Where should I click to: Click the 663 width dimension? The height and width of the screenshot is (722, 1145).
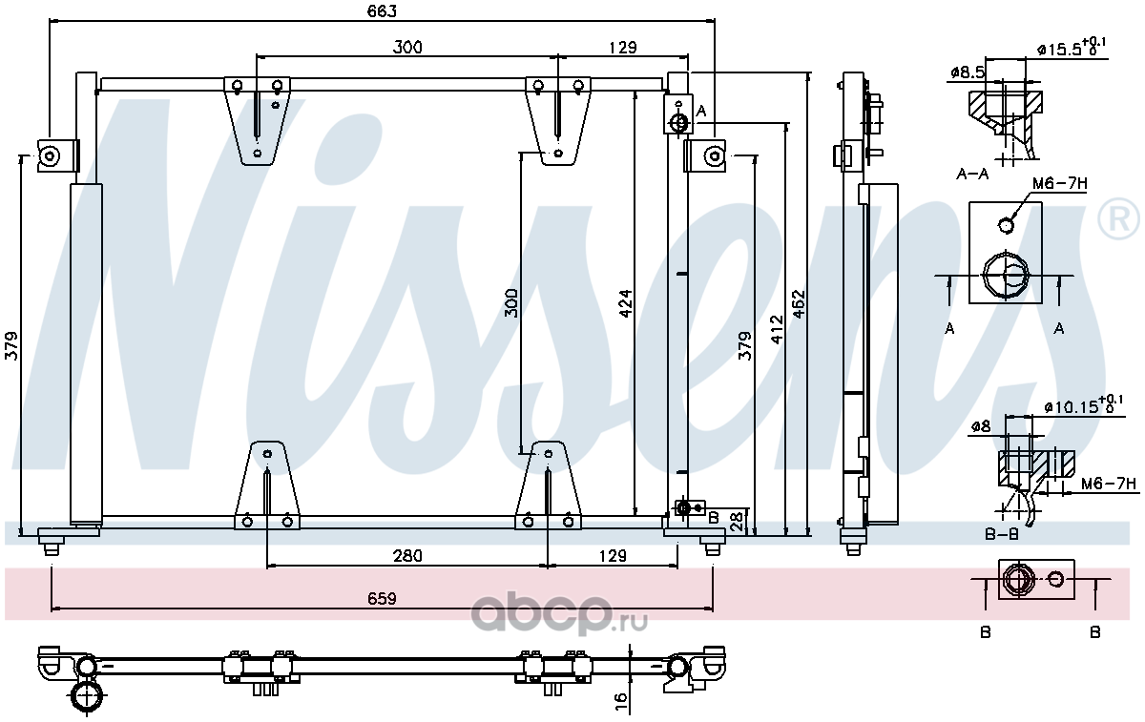[x=382, y=11]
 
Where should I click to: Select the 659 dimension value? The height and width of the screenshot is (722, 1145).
[x=382, y=598]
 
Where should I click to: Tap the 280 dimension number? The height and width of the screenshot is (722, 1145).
[x=407, y=555]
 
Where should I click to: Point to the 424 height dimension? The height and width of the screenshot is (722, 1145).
[x=626, y=303]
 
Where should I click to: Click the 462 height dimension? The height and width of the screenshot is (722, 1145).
[x=799, y=304]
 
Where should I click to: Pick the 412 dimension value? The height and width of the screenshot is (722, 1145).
[x=777, y=330]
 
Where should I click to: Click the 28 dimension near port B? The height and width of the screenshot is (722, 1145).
[x=736, y=522]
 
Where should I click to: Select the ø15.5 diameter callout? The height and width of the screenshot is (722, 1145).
[x=1072, y=48]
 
